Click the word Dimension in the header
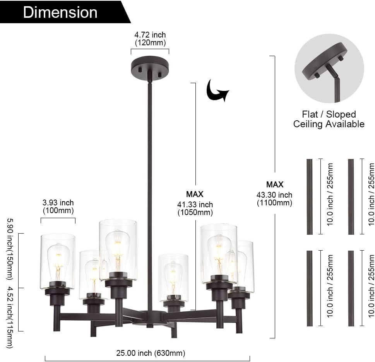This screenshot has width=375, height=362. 60,12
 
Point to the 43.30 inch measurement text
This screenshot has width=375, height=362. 274,195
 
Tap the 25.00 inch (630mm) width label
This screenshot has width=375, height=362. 151,353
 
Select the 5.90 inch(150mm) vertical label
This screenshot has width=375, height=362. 10,249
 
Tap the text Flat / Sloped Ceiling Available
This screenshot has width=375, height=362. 329,119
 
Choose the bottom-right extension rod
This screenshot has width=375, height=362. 351,288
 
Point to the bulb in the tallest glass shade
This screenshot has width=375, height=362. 118,248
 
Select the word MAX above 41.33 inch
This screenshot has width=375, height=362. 195,194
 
